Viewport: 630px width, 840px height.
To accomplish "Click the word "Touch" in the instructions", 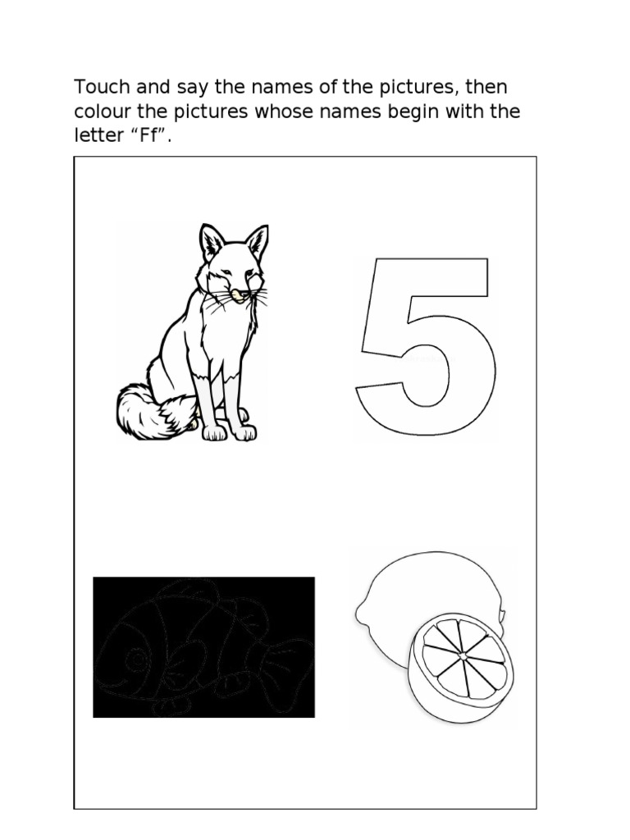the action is [103, 87].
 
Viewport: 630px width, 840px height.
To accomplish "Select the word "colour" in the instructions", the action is [103, 112].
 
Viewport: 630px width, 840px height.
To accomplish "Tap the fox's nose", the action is [239, 294].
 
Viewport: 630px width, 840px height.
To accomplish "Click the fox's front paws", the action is [230, 432].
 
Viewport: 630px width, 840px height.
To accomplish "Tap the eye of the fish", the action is [136, 659].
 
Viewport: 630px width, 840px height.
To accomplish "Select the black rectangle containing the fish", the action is [203, 646].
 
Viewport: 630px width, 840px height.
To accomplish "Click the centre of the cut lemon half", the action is [463, 655].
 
